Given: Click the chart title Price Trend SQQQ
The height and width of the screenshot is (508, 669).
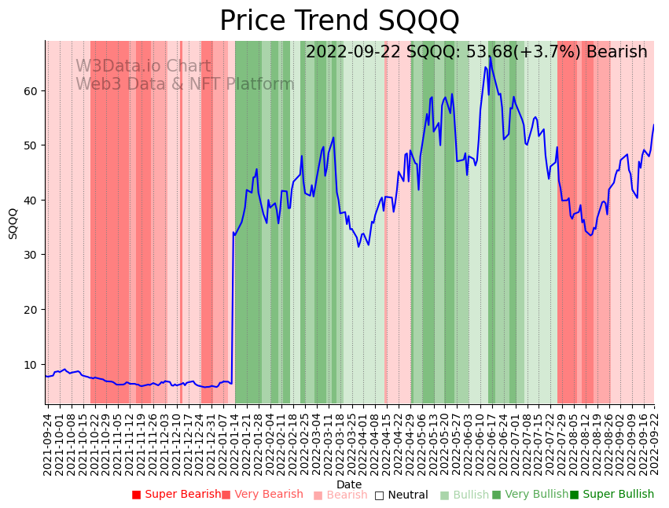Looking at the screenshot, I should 339,21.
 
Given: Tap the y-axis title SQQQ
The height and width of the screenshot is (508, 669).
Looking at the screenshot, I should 13,223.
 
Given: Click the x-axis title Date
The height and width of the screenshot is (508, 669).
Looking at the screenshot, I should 349,484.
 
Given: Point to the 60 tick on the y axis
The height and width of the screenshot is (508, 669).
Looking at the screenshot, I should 32,91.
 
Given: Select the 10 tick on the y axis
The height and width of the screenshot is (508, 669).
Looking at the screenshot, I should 32,364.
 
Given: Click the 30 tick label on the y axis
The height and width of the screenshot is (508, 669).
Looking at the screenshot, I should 32,255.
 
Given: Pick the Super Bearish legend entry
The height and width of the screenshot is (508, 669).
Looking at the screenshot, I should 177,495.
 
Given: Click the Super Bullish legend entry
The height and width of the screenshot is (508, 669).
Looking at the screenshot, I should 612,495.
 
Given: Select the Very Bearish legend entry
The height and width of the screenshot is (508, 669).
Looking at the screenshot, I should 262,495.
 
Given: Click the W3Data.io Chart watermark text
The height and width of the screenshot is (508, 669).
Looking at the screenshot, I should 143,67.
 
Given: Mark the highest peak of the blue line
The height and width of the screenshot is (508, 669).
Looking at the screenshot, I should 489,56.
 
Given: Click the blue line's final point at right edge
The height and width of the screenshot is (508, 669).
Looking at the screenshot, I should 653,125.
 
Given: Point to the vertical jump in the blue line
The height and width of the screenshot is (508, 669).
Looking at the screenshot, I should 233,307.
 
